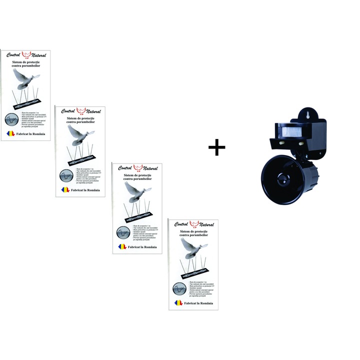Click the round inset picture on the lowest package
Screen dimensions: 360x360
point(179,289)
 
